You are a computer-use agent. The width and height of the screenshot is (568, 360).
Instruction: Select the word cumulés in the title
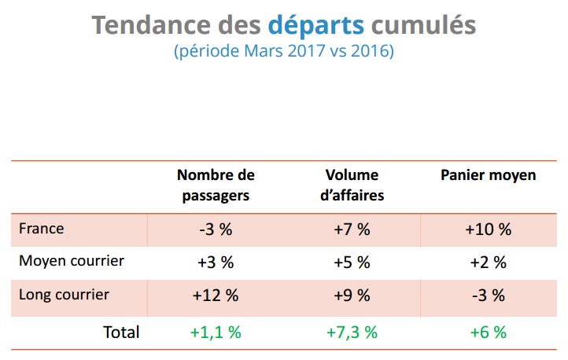pos(422,25)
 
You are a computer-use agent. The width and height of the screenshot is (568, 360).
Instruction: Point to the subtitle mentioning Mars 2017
pos(283,53)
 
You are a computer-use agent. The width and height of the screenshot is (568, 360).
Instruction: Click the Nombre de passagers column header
pos(216,185)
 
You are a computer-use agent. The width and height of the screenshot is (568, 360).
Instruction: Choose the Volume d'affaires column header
pos(352,185)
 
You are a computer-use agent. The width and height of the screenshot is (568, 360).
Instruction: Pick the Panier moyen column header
pos(488,175)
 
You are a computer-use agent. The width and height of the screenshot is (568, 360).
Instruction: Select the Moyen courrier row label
pos(72,261)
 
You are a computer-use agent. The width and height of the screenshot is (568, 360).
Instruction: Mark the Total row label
pos(121,332)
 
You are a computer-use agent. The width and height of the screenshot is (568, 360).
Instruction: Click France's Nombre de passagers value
pos(215,230)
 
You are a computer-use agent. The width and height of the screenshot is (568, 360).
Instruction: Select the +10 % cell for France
pos(488,230)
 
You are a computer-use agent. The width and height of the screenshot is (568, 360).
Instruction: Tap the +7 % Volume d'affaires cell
pos(352,230)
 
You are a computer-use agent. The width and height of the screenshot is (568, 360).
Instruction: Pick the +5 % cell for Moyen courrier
pos(352,263)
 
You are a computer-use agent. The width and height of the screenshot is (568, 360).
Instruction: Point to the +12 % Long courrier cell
pos(215,296)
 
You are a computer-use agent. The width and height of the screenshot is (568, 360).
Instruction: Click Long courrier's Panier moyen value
pos(488,296)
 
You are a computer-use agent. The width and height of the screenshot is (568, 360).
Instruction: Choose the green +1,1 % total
pos(215,332)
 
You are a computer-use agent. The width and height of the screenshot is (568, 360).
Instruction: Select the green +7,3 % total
pos(352,332)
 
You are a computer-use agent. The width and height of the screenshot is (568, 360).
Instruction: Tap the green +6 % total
pos(488,332)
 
